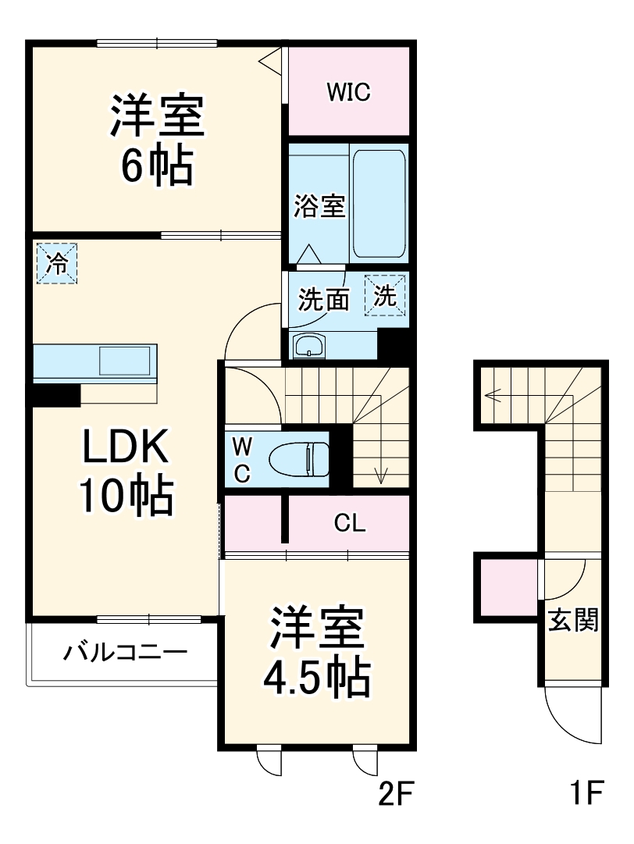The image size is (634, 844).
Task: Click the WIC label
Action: point(347,93)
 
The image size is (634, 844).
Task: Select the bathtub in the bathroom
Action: point(379,204)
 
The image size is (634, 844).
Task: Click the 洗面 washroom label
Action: point(323,299)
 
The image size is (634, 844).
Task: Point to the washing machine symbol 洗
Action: point(386,296)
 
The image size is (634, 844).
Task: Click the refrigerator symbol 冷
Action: point(56,262)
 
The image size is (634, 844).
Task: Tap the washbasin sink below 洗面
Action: point(312,345)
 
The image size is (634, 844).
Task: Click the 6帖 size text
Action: point(156,165)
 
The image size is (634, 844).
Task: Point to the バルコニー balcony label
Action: point(125,651)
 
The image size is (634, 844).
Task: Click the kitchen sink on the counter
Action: point(124,361)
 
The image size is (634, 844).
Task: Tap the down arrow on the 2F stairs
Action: point(382,474)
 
